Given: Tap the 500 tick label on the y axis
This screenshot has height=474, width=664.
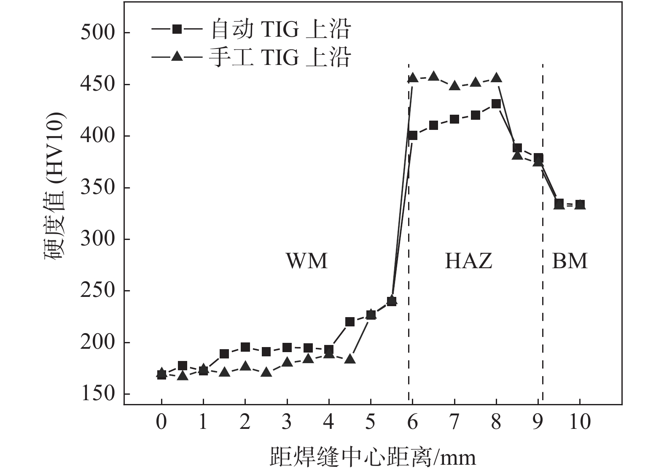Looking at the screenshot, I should (x=97, y=32).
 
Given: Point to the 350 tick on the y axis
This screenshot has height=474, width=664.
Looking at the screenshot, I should (x=97, y=188).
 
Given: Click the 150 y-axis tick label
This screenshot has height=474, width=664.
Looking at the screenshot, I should (x=97, y=394).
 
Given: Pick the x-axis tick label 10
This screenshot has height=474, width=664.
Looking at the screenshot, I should (x=580, y=421).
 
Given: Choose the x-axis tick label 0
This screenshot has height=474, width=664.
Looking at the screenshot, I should (x=161, y=421).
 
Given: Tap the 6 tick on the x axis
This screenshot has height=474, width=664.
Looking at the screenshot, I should (x=412, y=421).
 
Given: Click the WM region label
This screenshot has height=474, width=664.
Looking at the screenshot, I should (x=306, y=261).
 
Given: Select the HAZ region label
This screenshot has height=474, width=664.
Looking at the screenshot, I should (x=468, y=261).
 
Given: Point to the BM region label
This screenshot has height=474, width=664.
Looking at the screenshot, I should (x=570, y=261).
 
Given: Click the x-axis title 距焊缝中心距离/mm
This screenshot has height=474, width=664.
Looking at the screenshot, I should (x=373, y=457).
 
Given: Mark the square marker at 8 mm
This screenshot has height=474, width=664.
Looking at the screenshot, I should (x=496, y=104).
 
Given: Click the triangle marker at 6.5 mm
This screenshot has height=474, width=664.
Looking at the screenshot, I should (x=433, y=76).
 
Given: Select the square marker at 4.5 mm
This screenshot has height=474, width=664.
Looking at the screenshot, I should (x=350, y=322).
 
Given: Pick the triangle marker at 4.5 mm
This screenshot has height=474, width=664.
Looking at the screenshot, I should (x=350, y=359).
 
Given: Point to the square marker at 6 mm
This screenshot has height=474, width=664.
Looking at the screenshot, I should (x=412, y=135).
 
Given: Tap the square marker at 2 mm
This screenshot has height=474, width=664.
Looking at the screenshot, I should (x=245, y=347).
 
